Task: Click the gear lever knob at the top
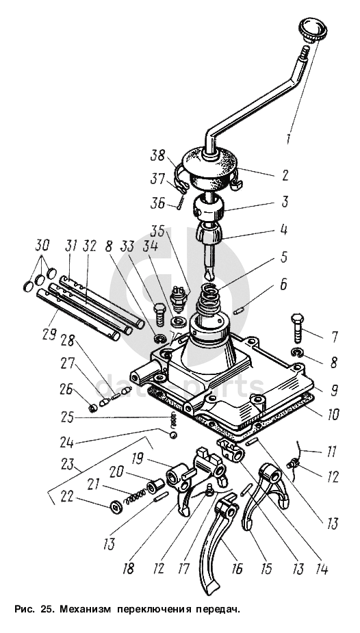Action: pos(312,29)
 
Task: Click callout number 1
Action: pos(289,138)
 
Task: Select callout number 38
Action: pos(158,156)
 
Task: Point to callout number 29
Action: pos(49,334)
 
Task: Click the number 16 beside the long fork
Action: pos(237,569)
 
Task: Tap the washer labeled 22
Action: pos(116,506)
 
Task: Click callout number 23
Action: pos(67,464)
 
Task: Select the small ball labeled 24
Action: pos(173,435)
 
